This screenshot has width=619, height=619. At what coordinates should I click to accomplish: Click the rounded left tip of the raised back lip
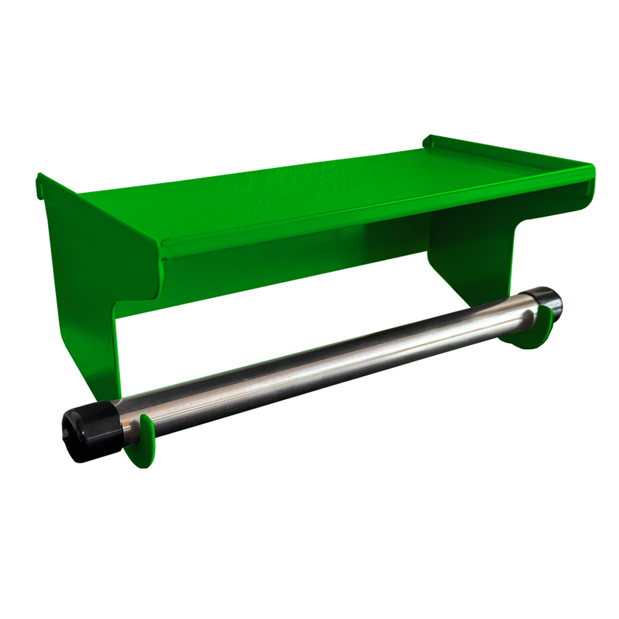(427, 141)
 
